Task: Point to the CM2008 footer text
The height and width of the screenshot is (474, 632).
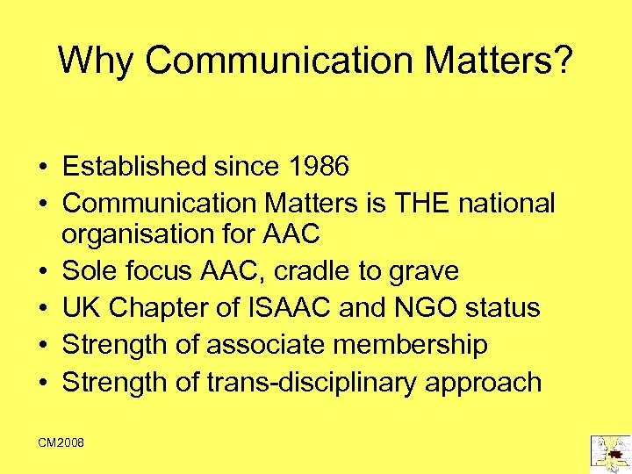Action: [61, 443]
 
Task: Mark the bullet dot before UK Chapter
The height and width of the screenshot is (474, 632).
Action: [43, 309]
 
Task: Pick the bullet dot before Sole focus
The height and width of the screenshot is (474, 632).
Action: [43, 271]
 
